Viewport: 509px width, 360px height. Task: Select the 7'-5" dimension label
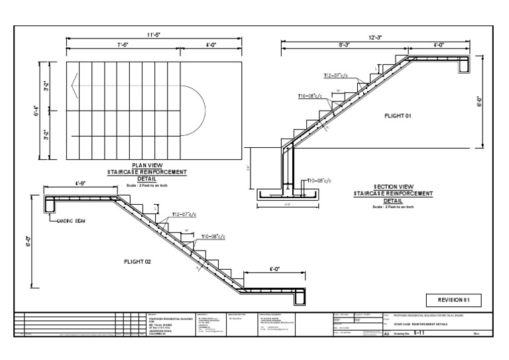[123, 46]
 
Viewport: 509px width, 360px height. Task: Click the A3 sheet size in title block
[388, 335]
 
